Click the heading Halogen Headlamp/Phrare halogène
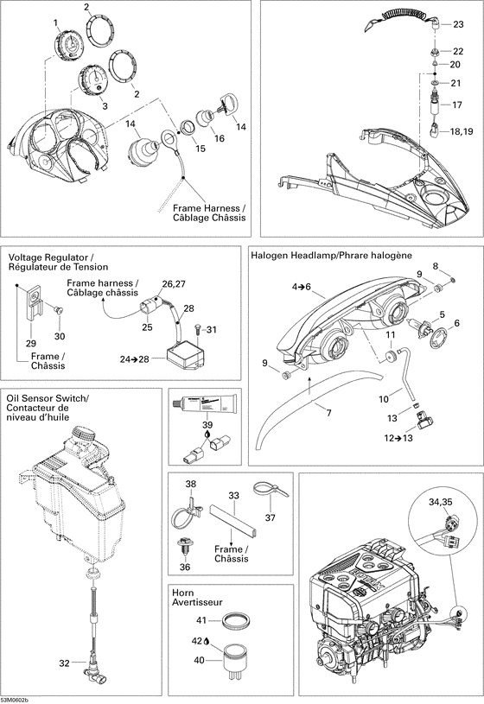[x=330, y=256]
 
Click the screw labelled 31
[x=198, y=328]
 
